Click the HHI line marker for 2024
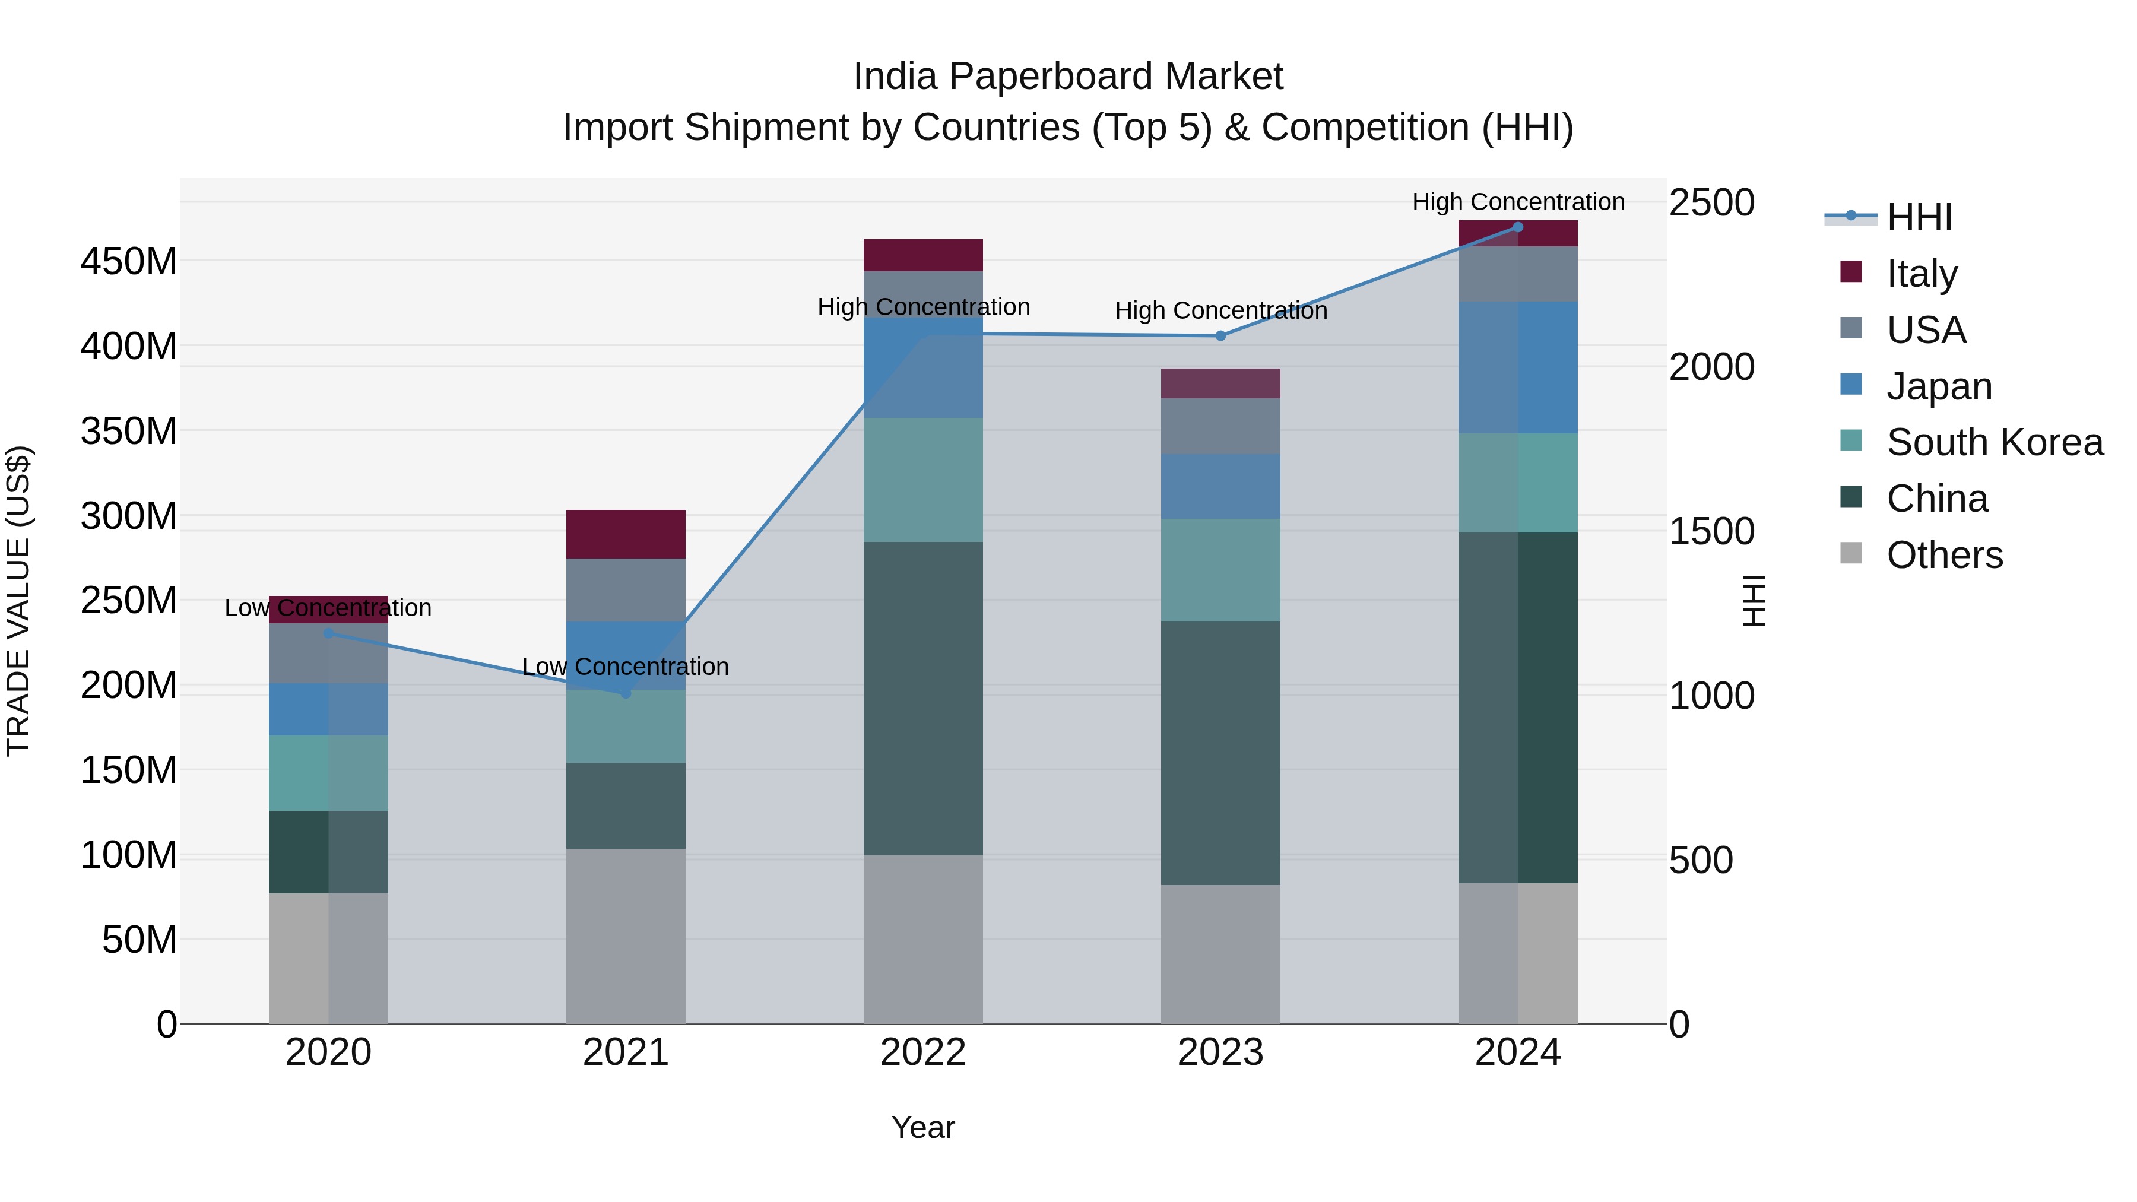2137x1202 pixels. pos(1517,227)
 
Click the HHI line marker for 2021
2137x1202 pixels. pos(626,693)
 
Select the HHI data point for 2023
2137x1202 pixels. pos(1220,336)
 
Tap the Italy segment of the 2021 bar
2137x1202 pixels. pos(626,534)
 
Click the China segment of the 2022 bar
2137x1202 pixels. pos(922,699)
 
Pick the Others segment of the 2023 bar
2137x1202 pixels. pos(1220,954)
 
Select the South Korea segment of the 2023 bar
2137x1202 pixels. pos(1220,570)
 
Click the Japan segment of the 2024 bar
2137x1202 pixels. pos(1517,367)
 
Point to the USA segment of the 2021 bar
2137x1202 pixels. pos(626,590)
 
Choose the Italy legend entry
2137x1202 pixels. pos(1922,274)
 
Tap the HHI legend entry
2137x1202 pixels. pos(1918,217)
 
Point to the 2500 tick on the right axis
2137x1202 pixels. pos(1711,203)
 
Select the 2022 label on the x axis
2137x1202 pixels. pos(922,1052)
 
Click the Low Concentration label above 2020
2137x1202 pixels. pos(328,608)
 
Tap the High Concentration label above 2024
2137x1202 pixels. pos(1517,202)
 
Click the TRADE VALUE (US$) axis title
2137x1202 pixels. pos(19,601)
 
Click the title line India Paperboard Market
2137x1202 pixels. pos(1068,77)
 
